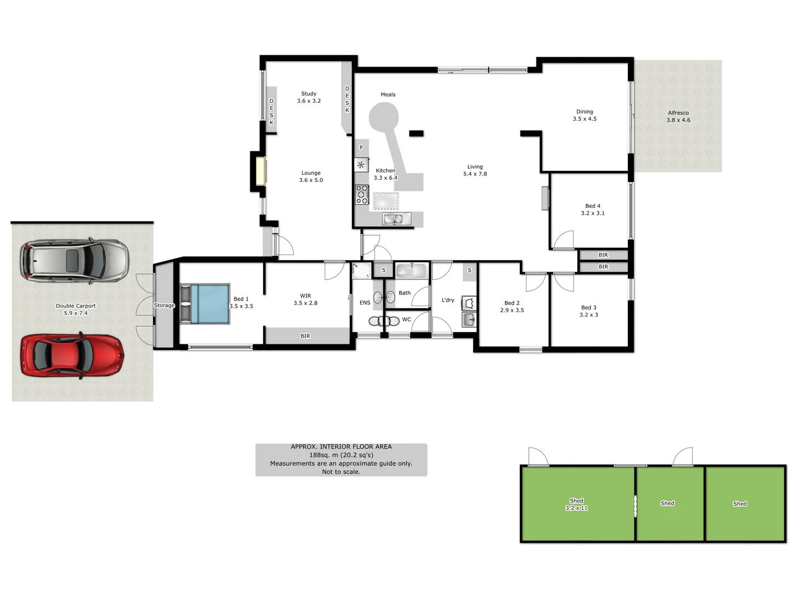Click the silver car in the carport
74,261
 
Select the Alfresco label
678,113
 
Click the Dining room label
585,111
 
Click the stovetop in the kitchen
362,195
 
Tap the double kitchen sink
396,220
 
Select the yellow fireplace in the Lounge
260,171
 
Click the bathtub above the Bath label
411,271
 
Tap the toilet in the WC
384,321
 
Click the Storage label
164,306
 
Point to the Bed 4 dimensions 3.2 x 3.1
592,213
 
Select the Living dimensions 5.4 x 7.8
475,174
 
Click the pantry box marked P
361,148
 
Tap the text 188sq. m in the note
324,455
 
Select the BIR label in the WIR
305,336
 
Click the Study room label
309,94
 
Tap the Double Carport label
76,306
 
